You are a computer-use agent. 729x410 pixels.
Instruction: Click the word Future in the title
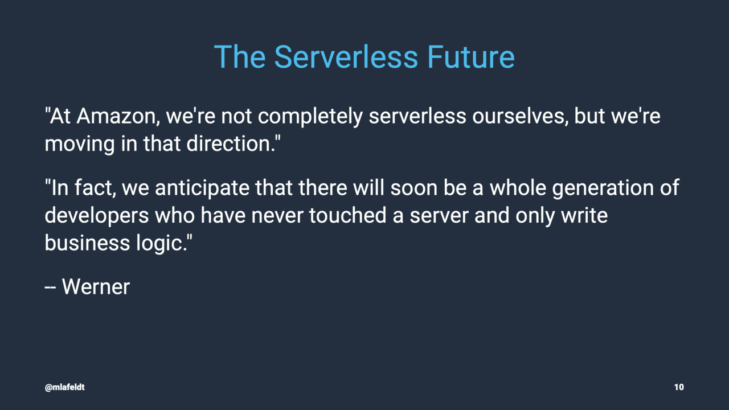click(x=471, y=57)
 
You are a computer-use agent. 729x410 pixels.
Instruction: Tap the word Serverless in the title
click(x=346, y=57)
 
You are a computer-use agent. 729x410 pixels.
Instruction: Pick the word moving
click(x=80, y=145)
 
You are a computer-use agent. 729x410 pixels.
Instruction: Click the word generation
click(x=603, y=188)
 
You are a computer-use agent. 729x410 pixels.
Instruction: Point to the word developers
click(x=97, y=216)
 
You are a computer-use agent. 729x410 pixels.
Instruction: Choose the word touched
click(x=347, y=215)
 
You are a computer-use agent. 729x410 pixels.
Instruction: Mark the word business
click(x=87, y=243)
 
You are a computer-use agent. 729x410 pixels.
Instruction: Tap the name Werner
click(x=96, y=287)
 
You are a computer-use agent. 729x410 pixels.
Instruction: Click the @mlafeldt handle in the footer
click(x=65, y=387)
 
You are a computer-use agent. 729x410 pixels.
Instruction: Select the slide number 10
click(x=679, y=387)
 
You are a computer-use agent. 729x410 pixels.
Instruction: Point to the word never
click(x=277, y=216)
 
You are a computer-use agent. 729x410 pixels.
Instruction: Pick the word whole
click(x=518, y=188)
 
